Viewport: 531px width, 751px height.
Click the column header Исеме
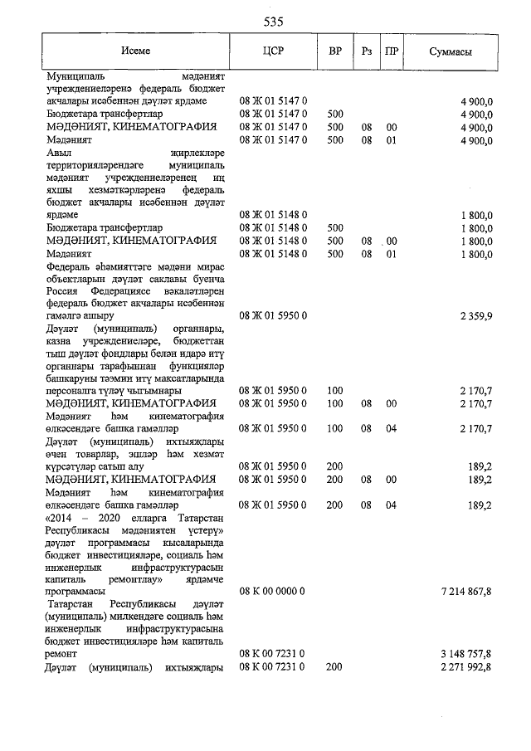coord(134,51)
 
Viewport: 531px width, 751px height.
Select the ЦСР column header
coord(273,51)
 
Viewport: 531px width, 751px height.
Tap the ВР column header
coord(335,51)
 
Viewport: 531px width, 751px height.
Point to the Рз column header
coord(366,51)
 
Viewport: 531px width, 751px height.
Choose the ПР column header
coord(392,51)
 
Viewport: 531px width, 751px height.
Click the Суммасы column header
coord(451,51)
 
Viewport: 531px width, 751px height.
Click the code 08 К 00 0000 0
coord(273,591)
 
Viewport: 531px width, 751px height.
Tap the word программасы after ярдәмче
coord(76,592)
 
